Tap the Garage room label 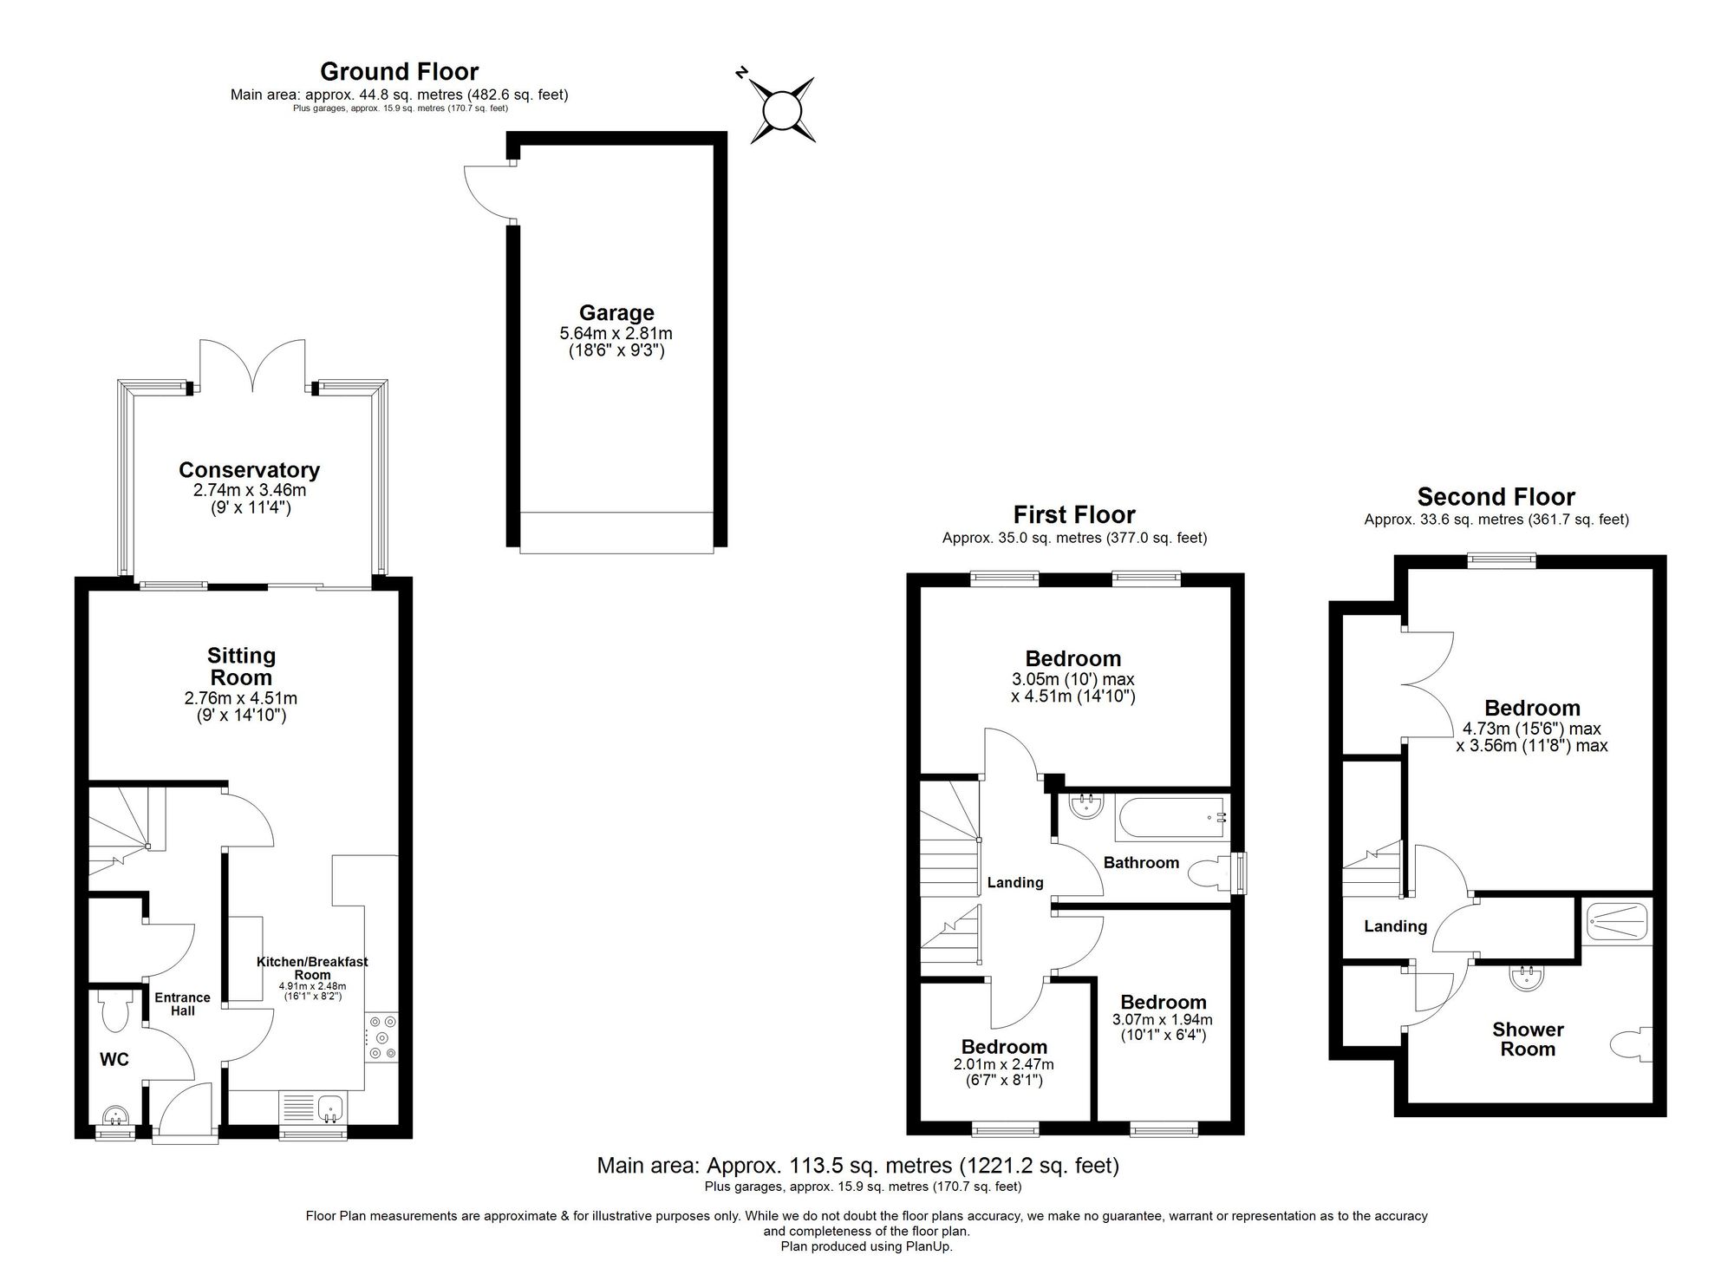[616, 313]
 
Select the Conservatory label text [249, 470]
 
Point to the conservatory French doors [252, 364]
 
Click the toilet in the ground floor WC [114, 1010]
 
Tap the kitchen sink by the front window [330, 1108]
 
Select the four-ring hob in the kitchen [380, 1037]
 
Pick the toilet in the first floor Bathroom [1209, 874]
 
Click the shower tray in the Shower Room [1617, 922]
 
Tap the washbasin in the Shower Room [1527, 978]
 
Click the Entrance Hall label [182, 1004]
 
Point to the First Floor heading [1074, 514]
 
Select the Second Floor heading [1496, 497]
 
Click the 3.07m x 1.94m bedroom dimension [1162, 1020]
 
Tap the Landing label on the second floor [1395, 926]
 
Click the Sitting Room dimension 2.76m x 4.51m [241, 698]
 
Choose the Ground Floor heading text [399, 71]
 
